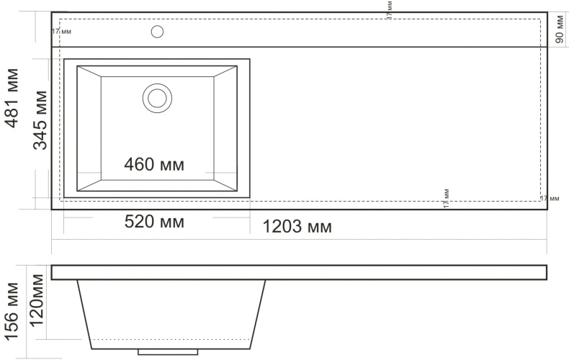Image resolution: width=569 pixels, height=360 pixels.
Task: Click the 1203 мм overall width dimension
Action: (297, 228)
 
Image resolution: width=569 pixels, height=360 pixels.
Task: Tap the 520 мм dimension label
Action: (154, 222)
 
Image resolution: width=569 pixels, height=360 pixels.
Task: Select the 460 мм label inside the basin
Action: (154, 164)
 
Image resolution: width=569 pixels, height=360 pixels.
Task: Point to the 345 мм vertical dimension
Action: (41, 120)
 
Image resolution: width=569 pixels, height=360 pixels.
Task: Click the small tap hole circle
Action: (157, 31)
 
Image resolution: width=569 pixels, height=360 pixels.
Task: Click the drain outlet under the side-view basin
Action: (167, 351)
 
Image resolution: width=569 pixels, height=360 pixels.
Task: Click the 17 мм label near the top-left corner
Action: (61, 31)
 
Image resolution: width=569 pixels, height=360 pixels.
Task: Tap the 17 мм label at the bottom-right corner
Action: (549, 197)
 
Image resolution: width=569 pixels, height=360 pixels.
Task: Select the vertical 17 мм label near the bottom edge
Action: (447, 198)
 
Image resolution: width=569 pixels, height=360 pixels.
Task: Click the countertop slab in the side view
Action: (299, 272)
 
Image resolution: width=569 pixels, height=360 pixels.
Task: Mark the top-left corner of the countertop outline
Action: (52, 12)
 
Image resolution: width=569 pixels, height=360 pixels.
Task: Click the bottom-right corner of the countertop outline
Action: (547, 210)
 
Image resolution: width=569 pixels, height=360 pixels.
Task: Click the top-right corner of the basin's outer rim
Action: (250, 59)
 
